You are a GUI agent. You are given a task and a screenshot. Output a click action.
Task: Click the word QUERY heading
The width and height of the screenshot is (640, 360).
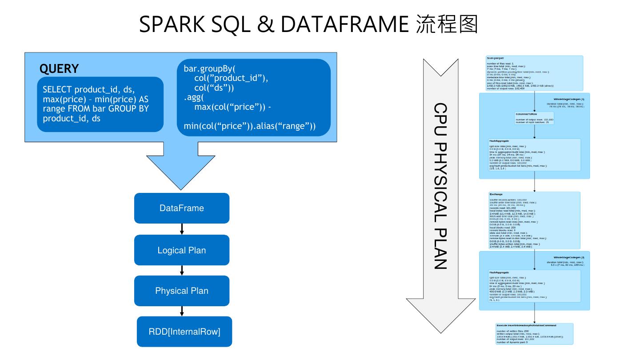click(x=59, y=69)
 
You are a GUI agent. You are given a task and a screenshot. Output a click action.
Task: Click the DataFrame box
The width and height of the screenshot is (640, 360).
click(x=181, y=208)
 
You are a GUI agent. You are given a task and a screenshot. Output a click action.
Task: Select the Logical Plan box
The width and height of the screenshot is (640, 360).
click(x=181, y=250)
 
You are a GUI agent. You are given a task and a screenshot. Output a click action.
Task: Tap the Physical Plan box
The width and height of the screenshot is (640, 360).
click(x=181, y=291)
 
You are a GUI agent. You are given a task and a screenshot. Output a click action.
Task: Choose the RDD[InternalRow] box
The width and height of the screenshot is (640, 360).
click(x=184, y=332)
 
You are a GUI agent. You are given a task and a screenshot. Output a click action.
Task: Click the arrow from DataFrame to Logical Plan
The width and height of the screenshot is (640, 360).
click(x=182, y=229)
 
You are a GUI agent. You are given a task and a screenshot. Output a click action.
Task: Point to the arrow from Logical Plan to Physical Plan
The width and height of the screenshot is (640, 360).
click(x=182, y=271)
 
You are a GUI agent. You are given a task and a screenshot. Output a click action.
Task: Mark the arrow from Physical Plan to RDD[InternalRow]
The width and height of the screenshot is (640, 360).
click(x=182, y=311)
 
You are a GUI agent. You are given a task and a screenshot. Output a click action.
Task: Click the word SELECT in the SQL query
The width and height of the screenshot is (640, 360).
click(x=57, y=90)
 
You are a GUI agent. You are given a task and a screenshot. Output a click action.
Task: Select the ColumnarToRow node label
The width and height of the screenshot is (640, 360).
click(x=526, y=114)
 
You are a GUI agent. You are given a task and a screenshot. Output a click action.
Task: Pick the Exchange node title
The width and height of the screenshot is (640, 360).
click(x=496, y=194)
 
